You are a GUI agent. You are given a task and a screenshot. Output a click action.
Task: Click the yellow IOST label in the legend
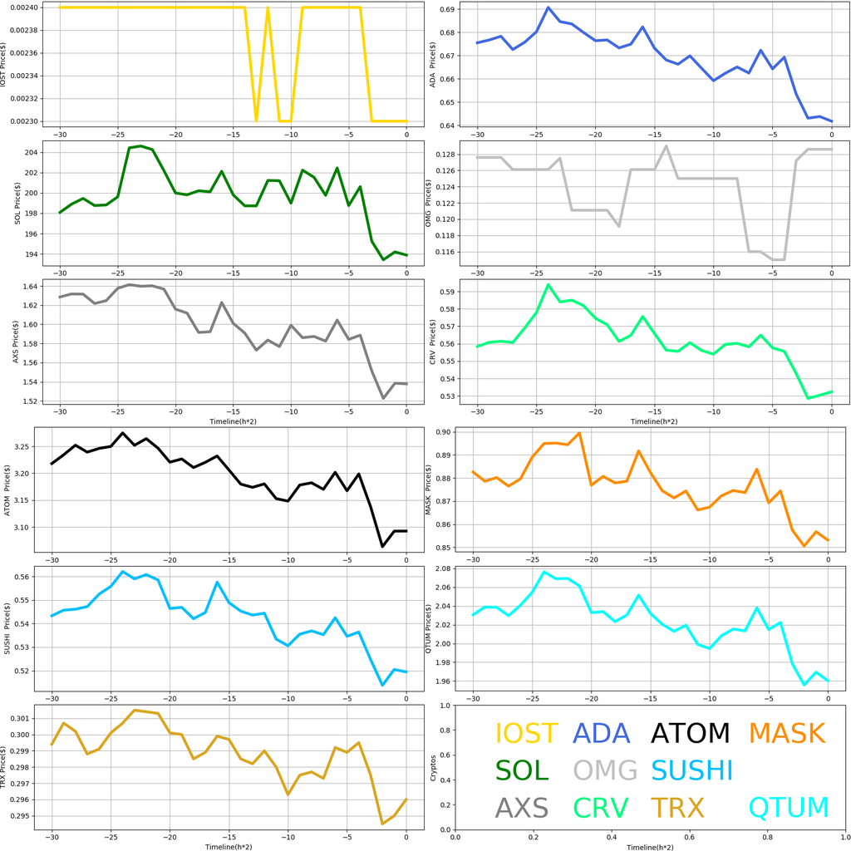click(x=526, y=733)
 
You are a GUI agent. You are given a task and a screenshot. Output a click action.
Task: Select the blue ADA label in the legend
click(x=602, y=733)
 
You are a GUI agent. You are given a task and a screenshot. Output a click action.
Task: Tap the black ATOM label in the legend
click(x=690, y=733)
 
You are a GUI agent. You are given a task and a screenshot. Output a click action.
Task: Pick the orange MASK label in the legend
click(x=786, y=733)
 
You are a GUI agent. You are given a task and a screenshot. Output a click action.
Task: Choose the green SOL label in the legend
click(x=522, y=770)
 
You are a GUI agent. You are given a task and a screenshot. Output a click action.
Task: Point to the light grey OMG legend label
click(x=605, y=770)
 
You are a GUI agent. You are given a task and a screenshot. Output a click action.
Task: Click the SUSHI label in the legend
click(x=691, y=770)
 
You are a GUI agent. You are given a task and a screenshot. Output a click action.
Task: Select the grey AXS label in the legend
click(x=522, y=807)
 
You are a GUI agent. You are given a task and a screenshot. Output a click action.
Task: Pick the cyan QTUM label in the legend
click(x=789, y=807)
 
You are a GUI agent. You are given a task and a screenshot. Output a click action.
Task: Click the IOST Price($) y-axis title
click(x=7, y=65)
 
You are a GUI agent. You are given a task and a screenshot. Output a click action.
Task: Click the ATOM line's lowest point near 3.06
click(x=382, y=546)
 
